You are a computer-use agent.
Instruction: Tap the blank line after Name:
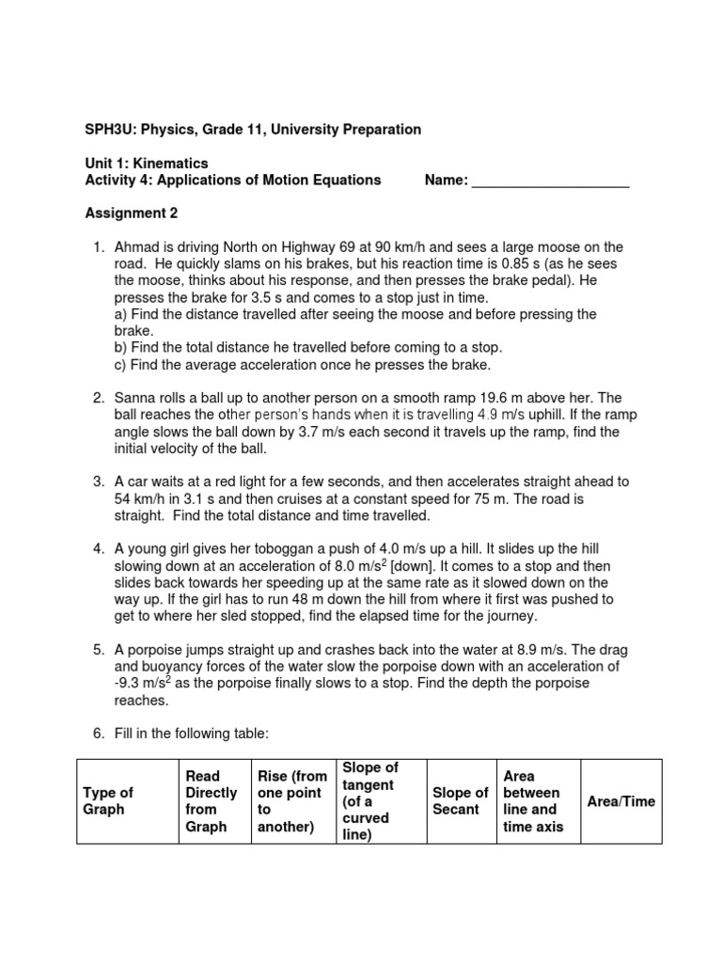click(550, 181)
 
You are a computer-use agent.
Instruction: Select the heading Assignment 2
click(132, 213)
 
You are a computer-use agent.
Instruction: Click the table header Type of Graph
click(109, 800)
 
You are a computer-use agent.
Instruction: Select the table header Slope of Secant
click(460, 800)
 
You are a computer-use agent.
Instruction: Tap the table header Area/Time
click(620, 800)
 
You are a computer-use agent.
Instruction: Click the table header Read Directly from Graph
click(212, 800)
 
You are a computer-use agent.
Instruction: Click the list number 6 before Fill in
click(97, 734)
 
